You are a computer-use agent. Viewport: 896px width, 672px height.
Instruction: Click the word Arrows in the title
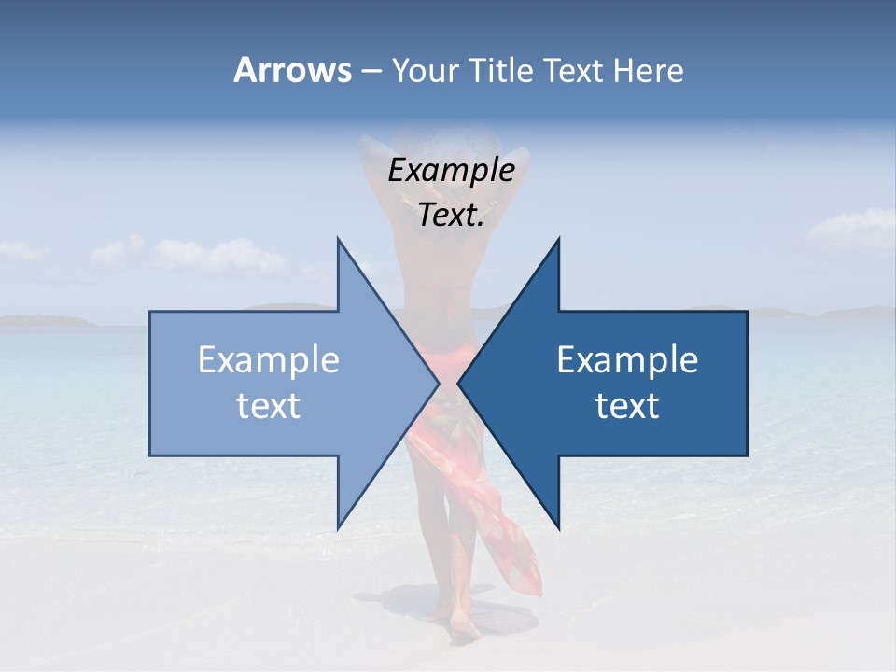pyautogui.click(x=291, y=70)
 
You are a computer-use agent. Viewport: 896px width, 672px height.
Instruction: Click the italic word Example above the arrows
pyautogui.click(x=451, y=170)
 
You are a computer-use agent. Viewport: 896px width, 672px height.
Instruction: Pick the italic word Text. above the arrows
pyautogui.click(x=451, y=216)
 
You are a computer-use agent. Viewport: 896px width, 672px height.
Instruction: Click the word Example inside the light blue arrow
pyautogui.click(x=269, y=360)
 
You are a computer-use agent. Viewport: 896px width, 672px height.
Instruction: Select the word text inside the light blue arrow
pyautogui.click(x=269, y=406)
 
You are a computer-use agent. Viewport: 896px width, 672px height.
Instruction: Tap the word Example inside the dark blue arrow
pyautogui.click(x=627, y=360)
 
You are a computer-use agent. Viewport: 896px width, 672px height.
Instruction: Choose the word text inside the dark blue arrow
pyautogui.click(x=627, y=406)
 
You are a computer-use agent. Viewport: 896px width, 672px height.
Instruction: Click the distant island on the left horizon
pyautogui.click(x=47, y=321)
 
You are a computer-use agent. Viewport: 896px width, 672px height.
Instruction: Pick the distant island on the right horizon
pyautogui.click(x=840, y=312)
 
